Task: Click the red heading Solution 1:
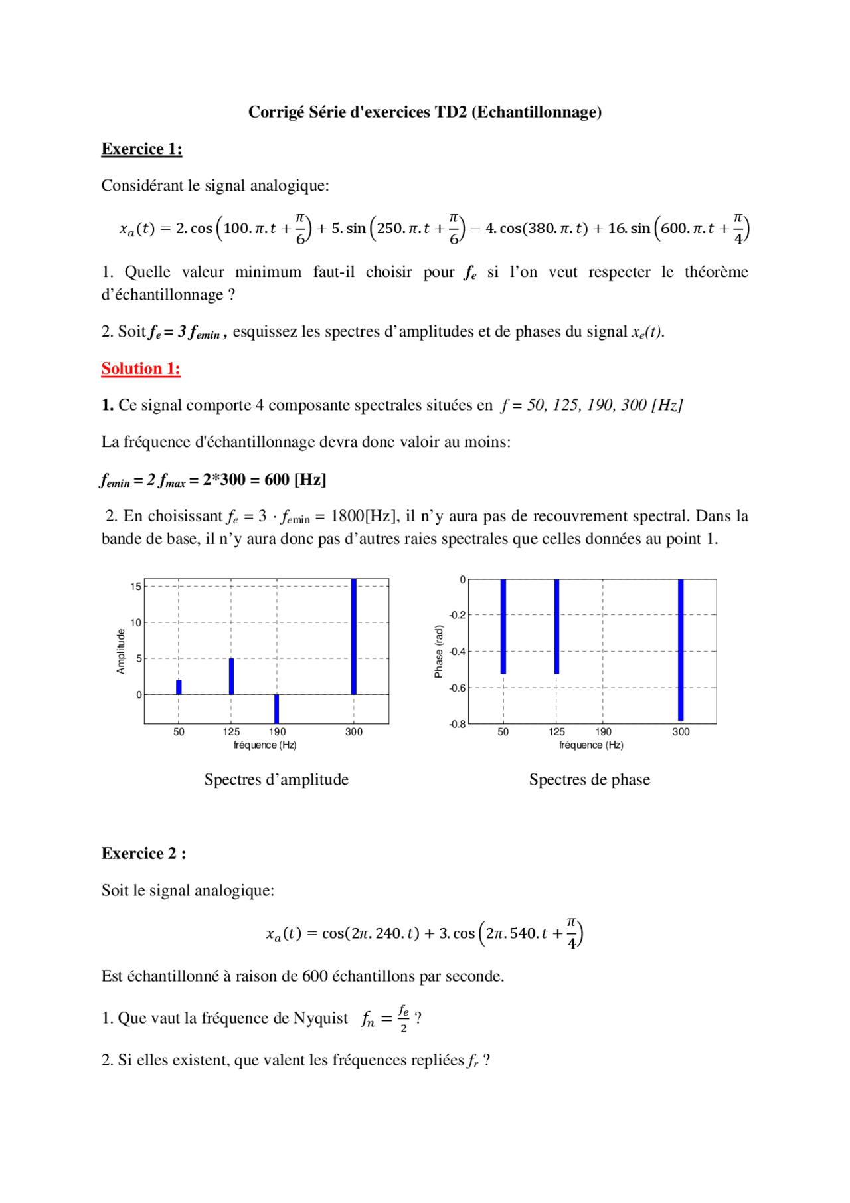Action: [141, 369]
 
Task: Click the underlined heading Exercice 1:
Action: [141, 149]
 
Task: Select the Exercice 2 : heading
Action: [143, 854]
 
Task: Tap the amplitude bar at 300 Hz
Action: [354, 636]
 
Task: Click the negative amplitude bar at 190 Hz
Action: [277, 709]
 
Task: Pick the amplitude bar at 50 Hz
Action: [179, 688]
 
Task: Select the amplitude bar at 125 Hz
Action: [231, 676]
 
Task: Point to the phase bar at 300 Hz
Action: [681, 650]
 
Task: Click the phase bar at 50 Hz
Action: [503, 626]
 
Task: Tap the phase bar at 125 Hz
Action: [556, 626]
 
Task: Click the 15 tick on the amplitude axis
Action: [135, 587]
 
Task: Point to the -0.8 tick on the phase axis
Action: [458, 725]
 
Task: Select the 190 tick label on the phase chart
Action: [603, 732]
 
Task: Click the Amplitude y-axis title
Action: [121, 651]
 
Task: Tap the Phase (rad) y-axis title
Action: [438, 651]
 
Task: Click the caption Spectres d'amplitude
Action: [276, 779]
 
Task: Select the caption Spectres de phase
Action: [589, 779]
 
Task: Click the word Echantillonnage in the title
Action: [536, 112]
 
